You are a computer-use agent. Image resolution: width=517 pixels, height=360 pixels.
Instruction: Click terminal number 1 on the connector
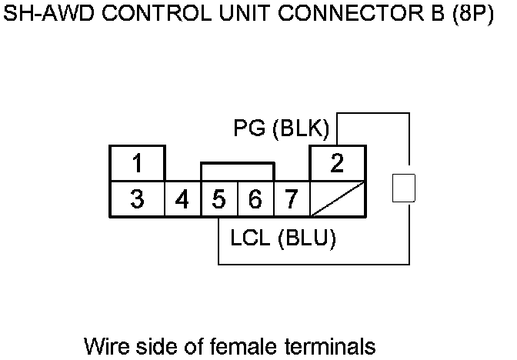pyautogui.click(x=137, y=164)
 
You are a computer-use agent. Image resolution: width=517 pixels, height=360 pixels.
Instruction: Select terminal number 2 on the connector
pyautogui.click(x=337, y=164)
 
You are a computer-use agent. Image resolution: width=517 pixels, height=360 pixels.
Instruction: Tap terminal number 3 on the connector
pyautogui.click(x=137, y=200)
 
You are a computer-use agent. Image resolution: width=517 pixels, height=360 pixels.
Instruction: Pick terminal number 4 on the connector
pyautogui.click(x=182, y=200)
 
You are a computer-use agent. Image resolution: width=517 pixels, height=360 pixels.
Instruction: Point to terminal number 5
pyautogui.click(x=219, y=200)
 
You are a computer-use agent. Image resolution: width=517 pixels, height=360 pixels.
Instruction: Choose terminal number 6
pyautogui.click(x=255, y=200)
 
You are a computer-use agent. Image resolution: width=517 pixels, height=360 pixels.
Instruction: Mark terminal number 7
pyautogui.click(x=291, y=200)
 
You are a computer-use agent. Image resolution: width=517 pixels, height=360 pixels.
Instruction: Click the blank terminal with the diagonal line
pyautogui.click(x=337, y=200)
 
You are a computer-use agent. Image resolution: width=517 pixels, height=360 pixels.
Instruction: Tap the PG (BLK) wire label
pyautogui.click(x=281, y=128)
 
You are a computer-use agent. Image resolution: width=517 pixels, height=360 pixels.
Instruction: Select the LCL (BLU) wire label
pyautogui.click(x=283, y=238)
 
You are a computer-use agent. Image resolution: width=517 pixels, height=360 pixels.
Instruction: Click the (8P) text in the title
pyautogui.click(x=472, y=16)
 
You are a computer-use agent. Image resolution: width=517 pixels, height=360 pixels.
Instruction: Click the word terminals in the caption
pyautogui.click(x=328, y=345)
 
